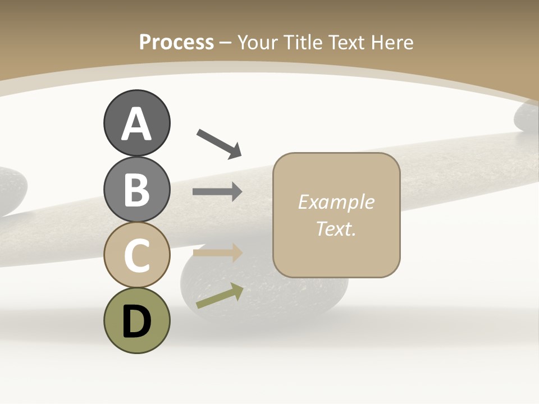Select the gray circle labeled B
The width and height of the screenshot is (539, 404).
pos(136,189)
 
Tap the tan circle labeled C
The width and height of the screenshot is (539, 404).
pos(136,255)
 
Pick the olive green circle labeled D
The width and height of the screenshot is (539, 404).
pos(136,320)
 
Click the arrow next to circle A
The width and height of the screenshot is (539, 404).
pos(219,143)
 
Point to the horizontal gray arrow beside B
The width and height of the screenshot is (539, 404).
pos(217,192)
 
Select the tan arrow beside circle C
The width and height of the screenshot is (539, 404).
pos(217,252)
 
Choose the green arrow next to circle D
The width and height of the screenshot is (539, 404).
pos(220,296)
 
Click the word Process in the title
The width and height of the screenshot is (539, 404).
pos(176,42)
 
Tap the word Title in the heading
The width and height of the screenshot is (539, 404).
pos(303,42)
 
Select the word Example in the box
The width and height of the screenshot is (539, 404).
pos(336,202)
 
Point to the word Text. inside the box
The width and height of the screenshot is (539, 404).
pos(336,228)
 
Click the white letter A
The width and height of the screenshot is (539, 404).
pos(136,124)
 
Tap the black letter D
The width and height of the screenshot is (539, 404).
pos(136,322)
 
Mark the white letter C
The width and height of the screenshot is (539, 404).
pos(136,256)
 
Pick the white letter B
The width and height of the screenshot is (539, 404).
pos(136,190)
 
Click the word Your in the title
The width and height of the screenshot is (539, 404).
pos(259,42)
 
